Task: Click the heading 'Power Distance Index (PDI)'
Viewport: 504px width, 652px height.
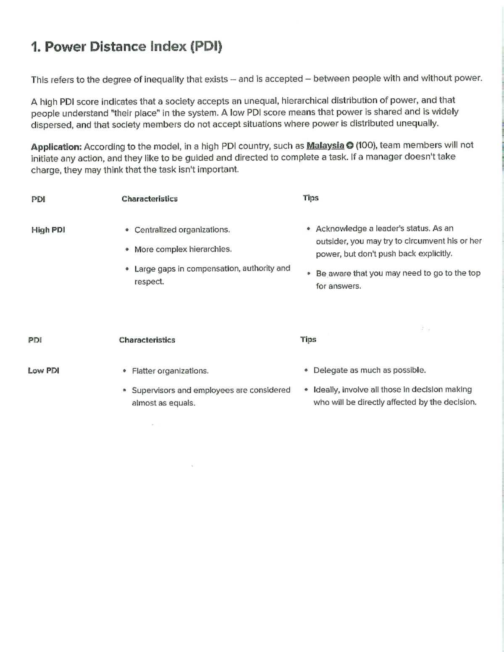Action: [x=127, y=47]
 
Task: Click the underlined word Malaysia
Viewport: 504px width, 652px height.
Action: [x=325, y=146]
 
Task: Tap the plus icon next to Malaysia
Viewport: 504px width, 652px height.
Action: [x=349, y=146]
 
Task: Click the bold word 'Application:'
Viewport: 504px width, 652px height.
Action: [x=56, y=147]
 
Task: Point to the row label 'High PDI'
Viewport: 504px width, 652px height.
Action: [x=48, y=230]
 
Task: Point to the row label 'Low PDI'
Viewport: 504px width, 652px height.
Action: [x=43, y=371]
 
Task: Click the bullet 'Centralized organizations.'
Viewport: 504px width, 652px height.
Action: [x=182, y=230]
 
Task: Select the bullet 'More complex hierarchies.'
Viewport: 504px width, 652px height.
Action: [x=183, y=249]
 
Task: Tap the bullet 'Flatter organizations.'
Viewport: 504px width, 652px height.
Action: [x=170, y=371]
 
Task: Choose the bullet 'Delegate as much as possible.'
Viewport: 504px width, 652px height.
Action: [x=370, y=370]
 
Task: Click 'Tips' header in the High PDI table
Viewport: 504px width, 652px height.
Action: [x=311, y=198]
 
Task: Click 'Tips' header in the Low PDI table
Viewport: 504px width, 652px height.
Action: [x=308, y=339]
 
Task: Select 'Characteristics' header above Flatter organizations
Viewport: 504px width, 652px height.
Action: [x=147, y=340]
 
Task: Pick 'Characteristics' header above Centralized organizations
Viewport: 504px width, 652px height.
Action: [x=150, y=199]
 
